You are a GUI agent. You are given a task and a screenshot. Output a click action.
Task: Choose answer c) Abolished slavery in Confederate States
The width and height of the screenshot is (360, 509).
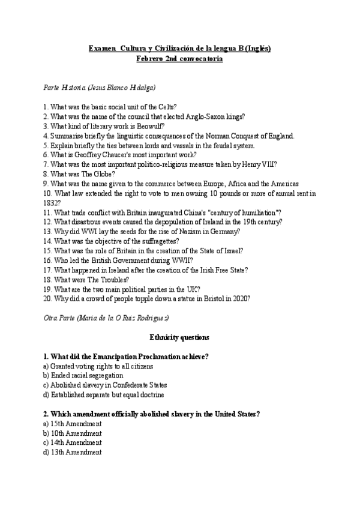[105, 385]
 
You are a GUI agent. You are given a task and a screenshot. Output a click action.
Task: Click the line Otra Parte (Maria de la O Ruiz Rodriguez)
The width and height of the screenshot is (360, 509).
[106, 317]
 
